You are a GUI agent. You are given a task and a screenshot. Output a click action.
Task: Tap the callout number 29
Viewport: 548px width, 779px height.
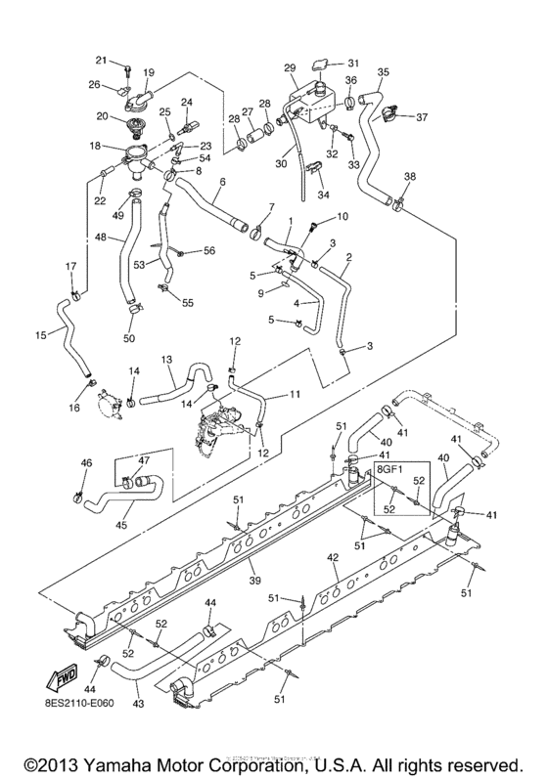289,67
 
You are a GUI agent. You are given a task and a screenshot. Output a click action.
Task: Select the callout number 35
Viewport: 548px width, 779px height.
382,72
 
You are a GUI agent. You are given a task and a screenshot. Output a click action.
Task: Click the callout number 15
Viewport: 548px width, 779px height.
40,335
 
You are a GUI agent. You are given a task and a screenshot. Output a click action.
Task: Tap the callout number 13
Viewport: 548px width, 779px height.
167,360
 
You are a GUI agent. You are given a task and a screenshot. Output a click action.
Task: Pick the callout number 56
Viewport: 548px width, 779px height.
208,251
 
